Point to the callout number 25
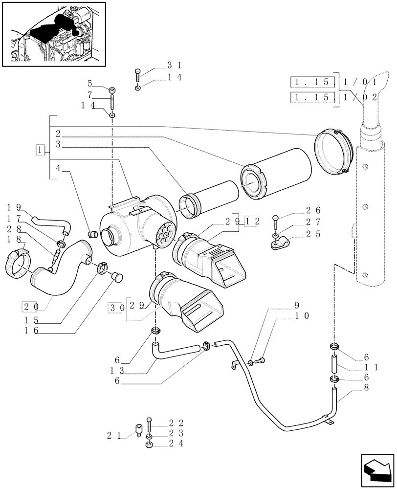click(313, 234)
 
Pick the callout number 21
click(113, 434)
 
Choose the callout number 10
click(302, 316)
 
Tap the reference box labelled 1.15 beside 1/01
click(313, 81)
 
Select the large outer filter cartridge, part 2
click(276, 175)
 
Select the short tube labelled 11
click(335, 364)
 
